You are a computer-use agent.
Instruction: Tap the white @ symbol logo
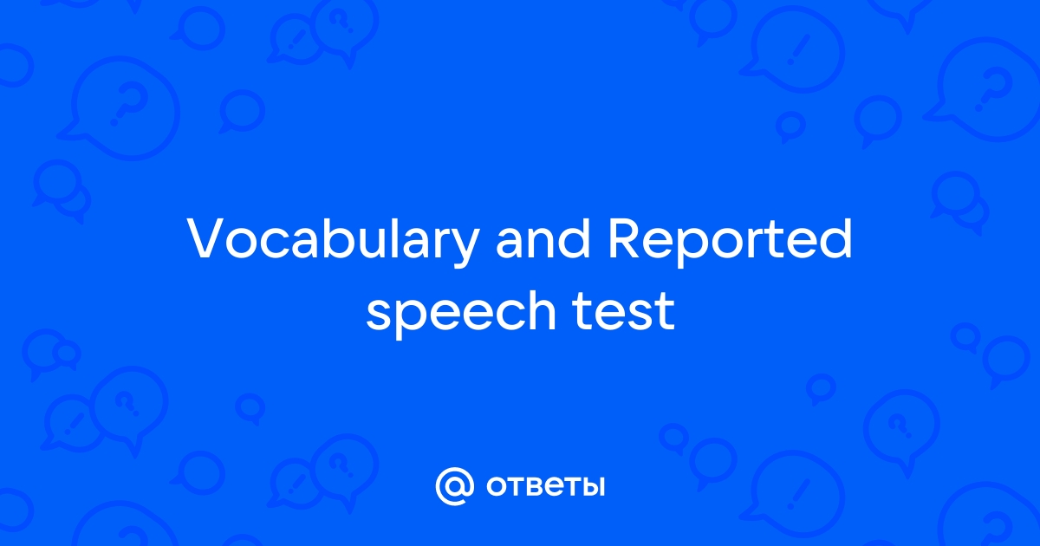coord(455,486)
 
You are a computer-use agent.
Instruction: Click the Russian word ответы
coord(545,486)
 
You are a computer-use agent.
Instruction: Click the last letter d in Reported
coord(836,237)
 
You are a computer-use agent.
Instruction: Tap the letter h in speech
coord(540,309)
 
